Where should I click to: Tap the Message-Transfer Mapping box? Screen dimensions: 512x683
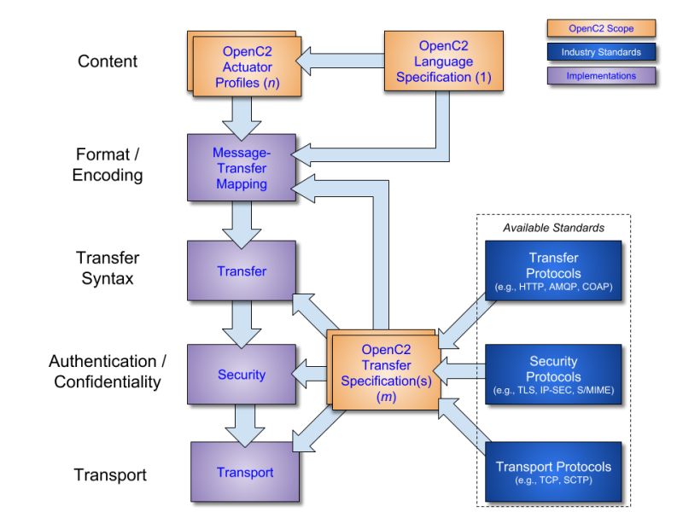click(241, 168)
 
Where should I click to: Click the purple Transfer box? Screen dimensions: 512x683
click(241, 271)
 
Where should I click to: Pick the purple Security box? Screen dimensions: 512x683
click(241, 375)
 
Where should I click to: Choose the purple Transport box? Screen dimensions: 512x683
click(244, 473)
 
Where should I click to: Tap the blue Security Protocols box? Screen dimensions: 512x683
click(553, 375)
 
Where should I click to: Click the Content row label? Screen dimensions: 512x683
click(107, 61)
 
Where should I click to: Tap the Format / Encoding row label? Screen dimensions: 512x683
click(107, 165)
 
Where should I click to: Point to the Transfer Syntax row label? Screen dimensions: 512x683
click(107, 268)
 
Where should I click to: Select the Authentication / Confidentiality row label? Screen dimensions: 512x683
click(107, 371)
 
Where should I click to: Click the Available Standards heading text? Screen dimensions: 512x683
click(553, 228)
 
